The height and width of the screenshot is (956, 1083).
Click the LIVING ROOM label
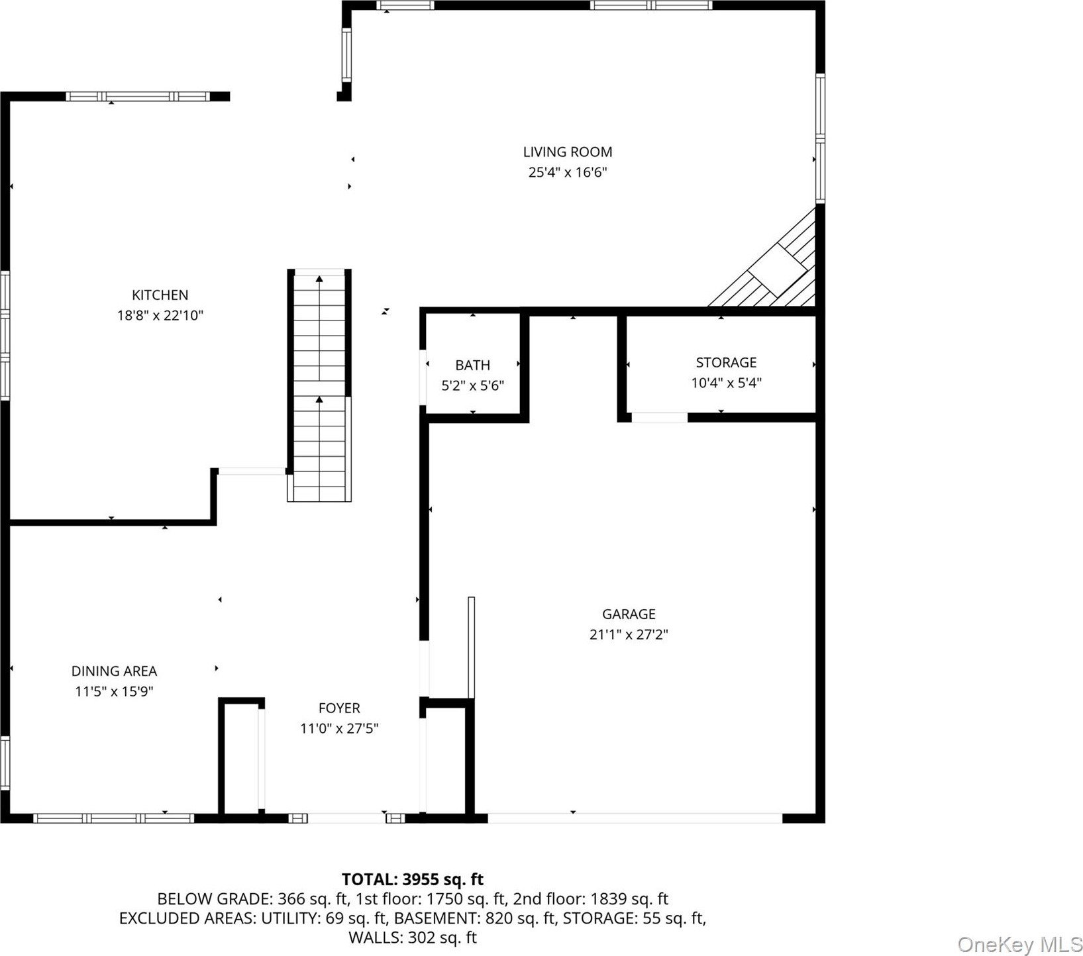tap(568, 152)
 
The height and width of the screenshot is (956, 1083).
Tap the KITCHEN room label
tap(160, 295)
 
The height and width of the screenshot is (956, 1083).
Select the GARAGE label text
tap(629, 614)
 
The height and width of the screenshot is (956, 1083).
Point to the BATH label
tap(473, 365)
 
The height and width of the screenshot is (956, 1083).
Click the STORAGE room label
tap(726, 362)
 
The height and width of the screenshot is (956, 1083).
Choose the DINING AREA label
tap(114, 671)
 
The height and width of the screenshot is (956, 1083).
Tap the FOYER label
tap(339, 708)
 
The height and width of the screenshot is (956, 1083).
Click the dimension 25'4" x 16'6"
tap(568, 173)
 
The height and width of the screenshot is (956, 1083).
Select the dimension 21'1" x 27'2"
tap(629, 635)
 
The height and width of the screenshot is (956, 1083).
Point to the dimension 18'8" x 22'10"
tap(160, 316)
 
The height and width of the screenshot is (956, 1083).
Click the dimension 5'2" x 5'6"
tap(473, 385)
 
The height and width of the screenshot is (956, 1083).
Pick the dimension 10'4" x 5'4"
tap(726, 383)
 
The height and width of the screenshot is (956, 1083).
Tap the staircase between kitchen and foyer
tap(319, 385)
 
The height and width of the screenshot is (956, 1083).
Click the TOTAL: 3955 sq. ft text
tap(413, 879)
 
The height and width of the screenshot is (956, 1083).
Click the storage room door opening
tap(659, 417)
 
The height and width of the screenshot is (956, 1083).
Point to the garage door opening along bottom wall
tap(635, 818)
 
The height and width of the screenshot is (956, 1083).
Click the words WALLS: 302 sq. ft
tap(413, 937)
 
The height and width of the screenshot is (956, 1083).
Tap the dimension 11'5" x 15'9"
tap(114, 692)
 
